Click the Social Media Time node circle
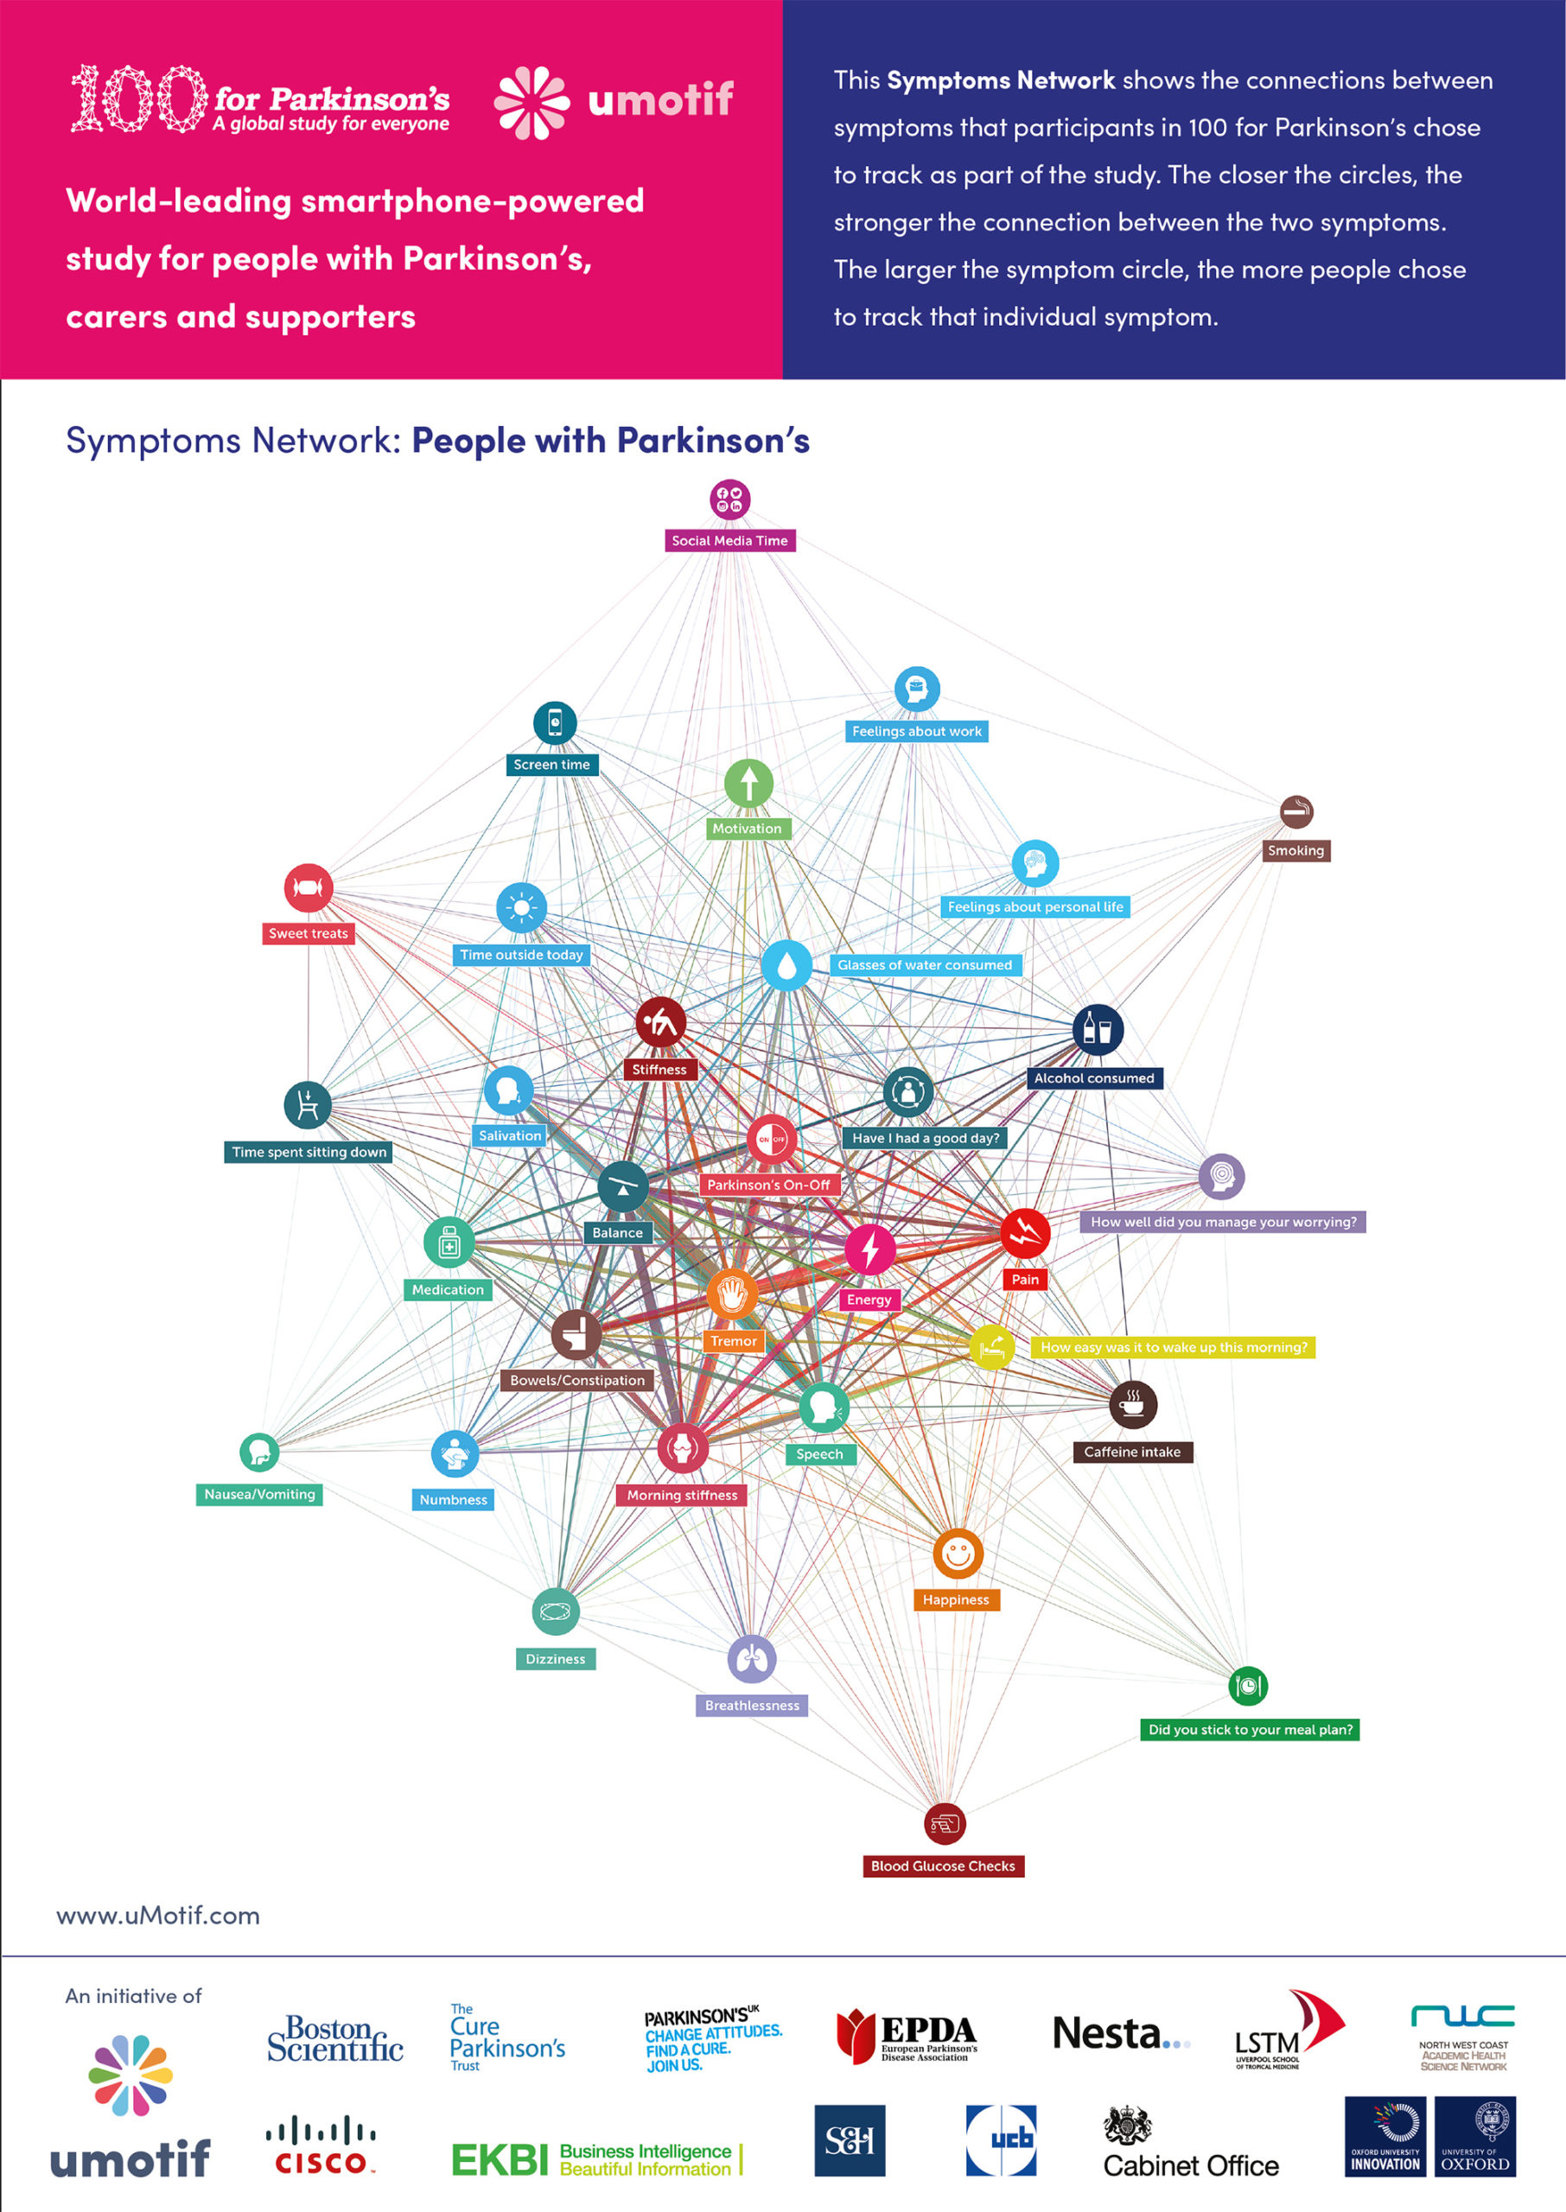point(730,499)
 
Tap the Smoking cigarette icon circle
point(1296,811)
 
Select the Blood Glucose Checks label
point(942,1866)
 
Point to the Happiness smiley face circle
point(958,1554)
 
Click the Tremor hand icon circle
point(732,1294)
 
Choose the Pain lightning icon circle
point(1024,1233)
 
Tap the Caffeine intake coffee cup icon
point(1132,1404)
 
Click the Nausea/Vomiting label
point(259,1494)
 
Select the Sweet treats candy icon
point(309,887)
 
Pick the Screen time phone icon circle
point(555,723)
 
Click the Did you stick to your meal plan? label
point(1250,1729)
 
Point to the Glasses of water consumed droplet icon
point(786,965)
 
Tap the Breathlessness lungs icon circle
point(751,1659)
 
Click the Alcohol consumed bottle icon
point(1098,1028)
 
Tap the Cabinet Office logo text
point(1191,2165)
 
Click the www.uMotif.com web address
point(158,1915)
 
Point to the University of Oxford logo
point(1474,2136)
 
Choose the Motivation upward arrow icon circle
point(748,783)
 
